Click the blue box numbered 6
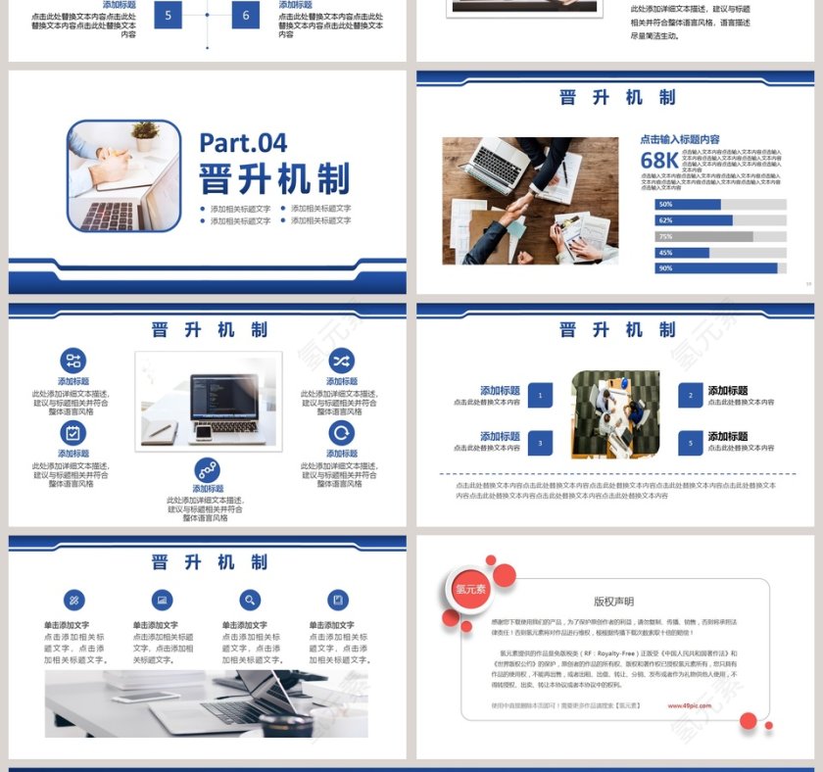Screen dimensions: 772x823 tap(246, 15)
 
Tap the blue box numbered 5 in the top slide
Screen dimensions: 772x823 tap(168, 15)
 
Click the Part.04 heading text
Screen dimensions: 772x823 tap(243, 143)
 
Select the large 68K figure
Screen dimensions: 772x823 tap(659, 161)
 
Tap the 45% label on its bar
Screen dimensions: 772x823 tap(666, 253)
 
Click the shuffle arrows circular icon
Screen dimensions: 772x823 tap(341, 361)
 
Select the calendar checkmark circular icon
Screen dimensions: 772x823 tap(73, 432)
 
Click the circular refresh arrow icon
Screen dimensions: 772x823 tap(341, 432)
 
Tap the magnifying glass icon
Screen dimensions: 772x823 tap(251, 601)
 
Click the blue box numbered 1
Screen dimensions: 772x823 tap(540, 395)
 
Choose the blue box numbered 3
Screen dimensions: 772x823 tap(540, 443)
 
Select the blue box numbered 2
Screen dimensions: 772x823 tap(691, 396)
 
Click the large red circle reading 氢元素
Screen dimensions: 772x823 tap(469, 589)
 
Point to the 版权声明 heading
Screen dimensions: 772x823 tap(613, 602)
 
